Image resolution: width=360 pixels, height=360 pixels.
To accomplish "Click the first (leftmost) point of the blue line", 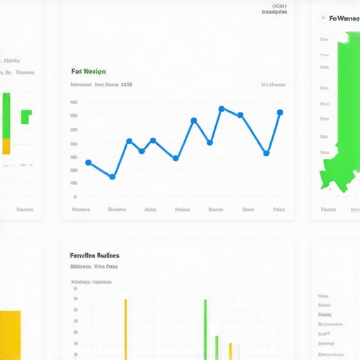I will click(x=88, y=162).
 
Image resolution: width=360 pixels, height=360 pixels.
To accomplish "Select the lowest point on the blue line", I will click(x=112, y=176).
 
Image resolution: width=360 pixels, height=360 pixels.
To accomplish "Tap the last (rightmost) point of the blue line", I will click(x=280, y=112).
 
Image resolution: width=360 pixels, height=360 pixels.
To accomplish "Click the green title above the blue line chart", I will click(x=89, y=71).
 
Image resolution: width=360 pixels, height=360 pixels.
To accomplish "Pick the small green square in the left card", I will click(x=26, y=116).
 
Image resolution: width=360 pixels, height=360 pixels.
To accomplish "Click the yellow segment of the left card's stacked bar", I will click(x=6, y=146).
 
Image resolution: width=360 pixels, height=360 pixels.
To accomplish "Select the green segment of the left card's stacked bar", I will click(x=6, y=115).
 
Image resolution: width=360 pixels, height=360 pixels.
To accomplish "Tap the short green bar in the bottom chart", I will click(x=217, y=347).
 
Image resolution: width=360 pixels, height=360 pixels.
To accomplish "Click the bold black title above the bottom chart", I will click(x=94, y=256).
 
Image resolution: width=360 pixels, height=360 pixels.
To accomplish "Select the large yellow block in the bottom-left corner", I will click(x=10, y=335).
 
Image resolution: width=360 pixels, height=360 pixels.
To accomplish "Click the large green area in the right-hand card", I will click(x=345, y=120).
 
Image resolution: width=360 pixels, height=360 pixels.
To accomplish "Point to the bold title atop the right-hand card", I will click(x=344, y=18).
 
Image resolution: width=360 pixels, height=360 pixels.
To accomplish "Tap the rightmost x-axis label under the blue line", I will click(x=278, y=210).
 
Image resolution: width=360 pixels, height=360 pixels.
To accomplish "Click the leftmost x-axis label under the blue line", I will click(x=81, y=210).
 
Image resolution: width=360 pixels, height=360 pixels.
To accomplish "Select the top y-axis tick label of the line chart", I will click(x=74, y=103).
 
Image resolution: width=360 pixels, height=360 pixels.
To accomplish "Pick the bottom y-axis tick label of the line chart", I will click(x=75, y=197).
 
